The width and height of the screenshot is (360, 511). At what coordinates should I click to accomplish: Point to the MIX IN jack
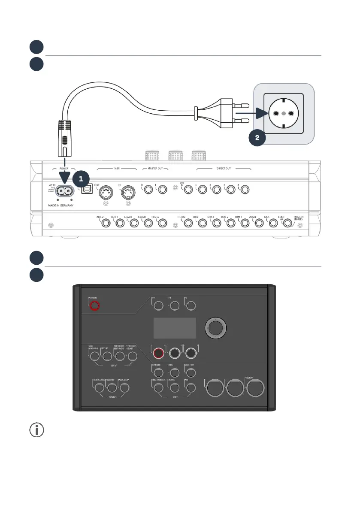[188, 189]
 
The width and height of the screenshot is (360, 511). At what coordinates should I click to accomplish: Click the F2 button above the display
[175, 305]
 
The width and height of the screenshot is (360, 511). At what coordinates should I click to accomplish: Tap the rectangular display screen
[174, 328]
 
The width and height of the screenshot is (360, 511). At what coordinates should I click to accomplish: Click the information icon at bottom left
[36, 430]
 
